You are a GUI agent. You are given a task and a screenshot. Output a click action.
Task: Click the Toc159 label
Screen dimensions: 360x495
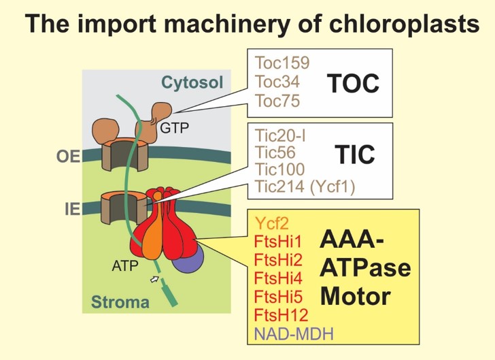[x=281, y=63]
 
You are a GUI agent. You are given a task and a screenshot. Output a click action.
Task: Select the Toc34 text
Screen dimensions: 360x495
[x=277, y=82]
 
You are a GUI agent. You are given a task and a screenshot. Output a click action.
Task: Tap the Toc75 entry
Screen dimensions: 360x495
[x=277, y=101]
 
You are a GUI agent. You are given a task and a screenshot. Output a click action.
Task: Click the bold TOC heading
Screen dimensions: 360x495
[x=352, y=83]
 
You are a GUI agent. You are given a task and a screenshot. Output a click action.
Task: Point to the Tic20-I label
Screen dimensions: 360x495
[x=279, y=135]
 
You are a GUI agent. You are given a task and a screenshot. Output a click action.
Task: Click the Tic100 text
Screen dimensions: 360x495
[x=279, y=169]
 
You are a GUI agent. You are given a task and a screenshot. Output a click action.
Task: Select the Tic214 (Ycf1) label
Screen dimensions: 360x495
[x=303, y=186]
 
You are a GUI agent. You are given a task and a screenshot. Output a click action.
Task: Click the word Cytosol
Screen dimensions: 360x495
[x=192, y=83]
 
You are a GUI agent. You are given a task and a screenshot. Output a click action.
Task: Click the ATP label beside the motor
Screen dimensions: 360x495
[x=126, y=267]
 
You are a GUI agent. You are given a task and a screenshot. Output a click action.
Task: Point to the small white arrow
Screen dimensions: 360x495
[x=156, y=279]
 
